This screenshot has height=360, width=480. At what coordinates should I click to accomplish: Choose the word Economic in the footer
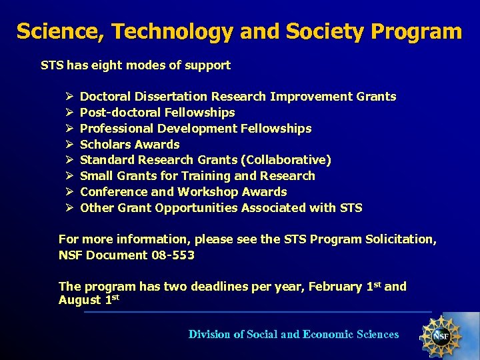tap(327, 335)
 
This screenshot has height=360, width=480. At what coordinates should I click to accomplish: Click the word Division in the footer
tap(209, 335)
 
